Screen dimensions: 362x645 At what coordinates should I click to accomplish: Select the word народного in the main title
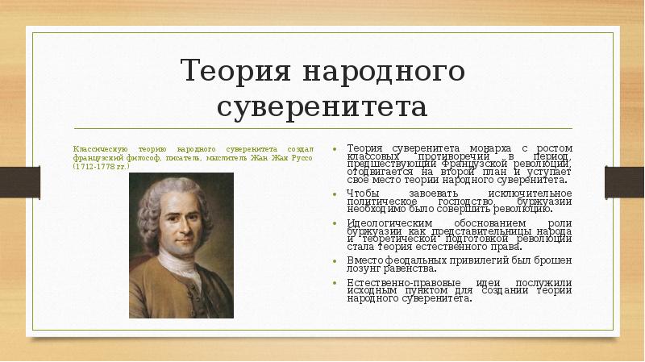pos(384,72)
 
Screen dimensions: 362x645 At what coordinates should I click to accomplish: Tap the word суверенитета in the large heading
pos(322,106)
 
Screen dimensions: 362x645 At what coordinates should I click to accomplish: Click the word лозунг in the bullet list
pos(364,268)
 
